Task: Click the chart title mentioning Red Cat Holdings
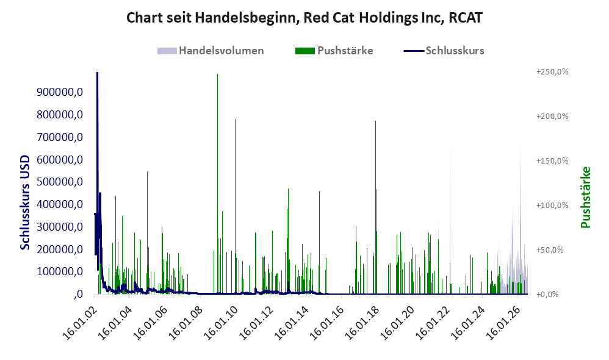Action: [304, 18]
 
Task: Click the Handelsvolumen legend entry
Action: [211, 51]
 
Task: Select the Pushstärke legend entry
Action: [334, 51]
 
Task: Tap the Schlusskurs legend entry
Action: [444, 51]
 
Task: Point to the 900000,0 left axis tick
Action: [60, 92]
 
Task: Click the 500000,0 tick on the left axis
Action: [60, 182]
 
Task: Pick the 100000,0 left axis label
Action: [60, 272]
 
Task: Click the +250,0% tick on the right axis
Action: [552, 72]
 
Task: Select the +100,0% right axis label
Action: [552, 206]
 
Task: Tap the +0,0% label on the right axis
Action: [547, 294]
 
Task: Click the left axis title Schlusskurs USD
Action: [25, 203]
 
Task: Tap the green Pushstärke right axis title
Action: [586, 197]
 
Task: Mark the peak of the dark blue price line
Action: [97, 73]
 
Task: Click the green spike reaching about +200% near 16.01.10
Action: [235, 206]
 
